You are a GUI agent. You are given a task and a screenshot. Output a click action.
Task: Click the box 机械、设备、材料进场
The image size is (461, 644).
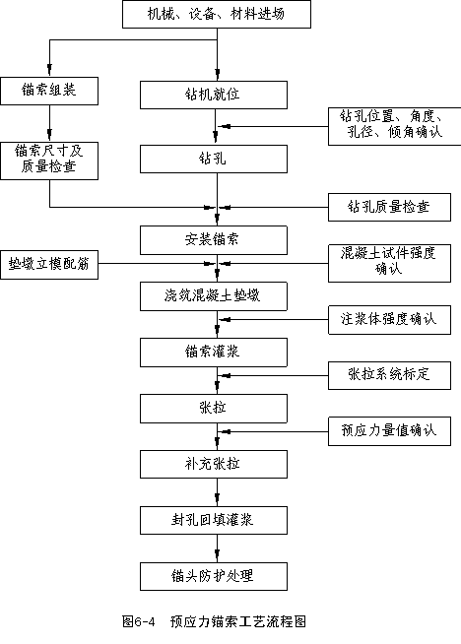click(x=217, y=14)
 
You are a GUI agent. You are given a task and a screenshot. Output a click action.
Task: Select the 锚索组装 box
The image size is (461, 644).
click(x=49, y=91)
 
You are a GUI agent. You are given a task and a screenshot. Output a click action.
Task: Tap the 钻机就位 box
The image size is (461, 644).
click(x=214, y=95)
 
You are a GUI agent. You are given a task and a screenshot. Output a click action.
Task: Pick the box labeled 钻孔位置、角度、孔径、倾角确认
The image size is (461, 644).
click(x=394, y=126)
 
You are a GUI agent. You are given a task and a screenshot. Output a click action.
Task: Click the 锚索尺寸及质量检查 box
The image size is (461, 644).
click(x=49, y=161)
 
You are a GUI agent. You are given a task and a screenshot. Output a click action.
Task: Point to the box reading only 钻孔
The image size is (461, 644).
click(x=214, y=159)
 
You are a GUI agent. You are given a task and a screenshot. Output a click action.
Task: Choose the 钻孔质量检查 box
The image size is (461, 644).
click(x=389, y=207)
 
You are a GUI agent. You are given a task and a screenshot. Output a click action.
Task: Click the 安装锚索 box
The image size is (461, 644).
click(x=214, y=240)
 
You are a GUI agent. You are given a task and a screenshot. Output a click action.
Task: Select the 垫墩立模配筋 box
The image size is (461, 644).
click(x=49, y=265)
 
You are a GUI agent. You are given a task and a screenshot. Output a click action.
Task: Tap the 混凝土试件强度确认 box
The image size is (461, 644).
click(x=389, y=263)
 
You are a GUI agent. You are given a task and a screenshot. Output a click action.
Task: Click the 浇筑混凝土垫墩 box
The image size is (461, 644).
click(x=214, y=296)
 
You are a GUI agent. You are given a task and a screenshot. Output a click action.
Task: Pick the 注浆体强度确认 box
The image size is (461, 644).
click(x=389, y=319)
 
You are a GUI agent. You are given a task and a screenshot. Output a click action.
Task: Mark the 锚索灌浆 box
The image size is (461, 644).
click(x=214, y=353)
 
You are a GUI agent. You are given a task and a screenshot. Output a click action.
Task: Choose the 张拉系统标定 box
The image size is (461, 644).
click(x=389, y=375)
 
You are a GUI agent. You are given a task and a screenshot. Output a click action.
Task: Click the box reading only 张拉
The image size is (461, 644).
click(x=214, y=409)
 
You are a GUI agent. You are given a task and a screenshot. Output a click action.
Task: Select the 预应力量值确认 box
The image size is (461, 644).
click(x=389, y=431)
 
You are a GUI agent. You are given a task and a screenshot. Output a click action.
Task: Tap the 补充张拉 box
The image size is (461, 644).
click(x=214, y=465)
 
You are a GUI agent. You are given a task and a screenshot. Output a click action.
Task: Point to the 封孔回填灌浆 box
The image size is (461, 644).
click(x=214, y=520)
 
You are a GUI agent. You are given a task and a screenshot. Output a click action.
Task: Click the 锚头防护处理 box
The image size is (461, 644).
click(x=214, y=577)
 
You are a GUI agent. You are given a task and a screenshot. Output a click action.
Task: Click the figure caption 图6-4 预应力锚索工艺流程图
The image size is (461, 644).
click(x=214, y=621)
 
